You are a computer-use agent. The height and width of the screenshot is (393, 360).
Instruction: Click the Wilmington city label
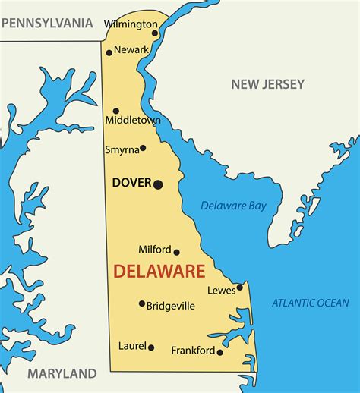click(x=130, y=24)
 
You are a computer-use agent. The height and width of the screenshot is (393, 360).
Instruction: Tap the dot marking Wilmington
click(x=155, y=33)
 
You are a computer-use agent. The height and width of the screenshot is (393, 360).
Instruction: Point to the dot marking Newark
click(x=109, y=52)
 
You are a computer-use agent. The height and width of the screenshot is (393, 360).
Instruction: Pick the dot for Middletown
click(x=116, y=111)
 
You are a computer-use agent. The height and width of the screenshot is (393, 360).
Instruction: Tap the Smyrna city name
click(x=122, y=149)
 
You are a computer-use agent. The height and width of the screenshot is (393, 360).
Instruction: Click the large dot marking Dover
click(x=158, y=184)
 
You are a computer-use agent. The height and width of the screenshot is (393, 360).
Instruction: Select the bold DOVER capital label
click(x=131, y=183)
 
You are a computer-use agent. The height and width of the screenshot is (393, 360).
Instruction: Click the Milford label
click(x=154, y=249)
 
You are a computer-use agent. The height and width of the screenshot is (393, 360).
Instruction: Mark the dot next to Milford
click(x=177, y=252)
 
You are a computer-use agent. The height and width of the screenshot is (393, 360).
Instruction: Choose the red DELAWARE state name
click(x=159, y=271)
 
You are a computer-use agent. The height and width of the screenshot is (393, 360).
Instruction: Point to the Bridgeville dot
click(x=142, y=304)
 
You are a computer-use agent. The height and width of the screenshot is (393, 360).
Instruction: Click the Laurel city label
click(x=131, y=346)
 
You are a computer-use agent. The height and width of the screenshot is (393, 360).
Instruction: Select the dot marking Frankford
click(x=220, y=352)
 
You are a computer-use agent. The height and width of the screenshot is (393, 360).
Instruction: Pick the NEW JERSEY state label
click(x=267, y=84)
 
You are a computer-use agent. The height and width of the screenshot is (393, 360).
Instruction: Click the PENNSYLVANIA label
click(x=47, y=24)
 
